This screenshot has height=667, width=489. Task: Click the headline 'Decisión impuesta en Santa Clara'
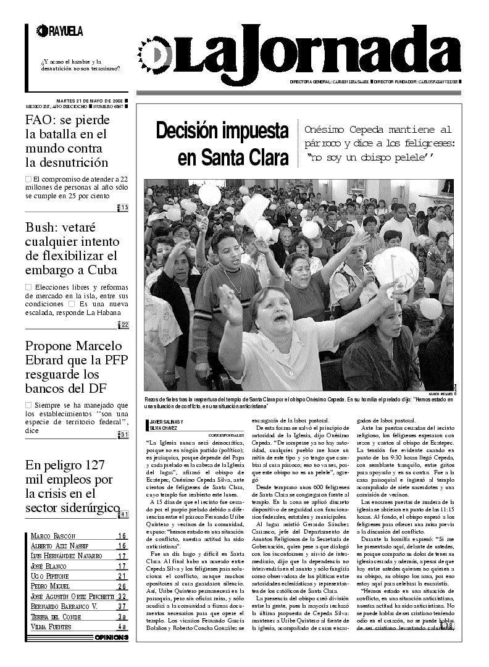tap(222, 145)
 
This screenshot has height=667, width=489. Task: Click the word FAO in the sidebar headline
tap(40, 119)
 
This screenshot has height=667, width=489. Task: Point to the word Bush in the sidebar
tap(41, 227)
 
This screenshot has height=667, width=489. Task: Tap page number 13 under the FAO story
tap(124, 208)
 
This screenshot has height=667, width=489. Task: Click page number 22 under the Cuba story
tap(124, 325)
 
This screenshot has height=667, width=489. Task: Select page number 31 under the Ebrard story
tap(124, 435)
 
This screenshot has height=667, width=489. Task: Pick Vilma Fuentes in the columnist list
tap(51, 627)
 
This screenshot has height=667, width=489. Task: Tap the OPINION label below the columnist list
tap(112, 637)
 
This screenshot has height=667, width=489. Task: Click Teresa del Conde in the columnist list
tap(56, 616)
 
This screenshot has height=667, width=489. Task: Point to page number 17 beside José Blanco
tap(122, 566)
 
